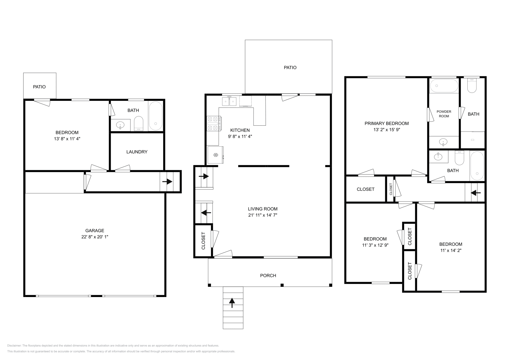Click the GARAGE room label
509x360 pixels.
tap(94, 231)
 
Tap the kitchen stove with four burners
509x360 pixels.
tap(214, 123)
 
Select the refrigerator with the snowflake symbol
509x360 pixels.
tap(215, 155)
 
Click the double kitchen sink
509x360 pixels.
tap(229, 101)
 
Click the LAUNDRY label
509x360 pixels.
tap(137, 152)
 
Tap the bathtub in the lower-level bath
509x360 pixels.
tap(156, 116)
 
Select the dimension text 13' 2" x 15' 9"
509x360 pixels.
tap(387, 129)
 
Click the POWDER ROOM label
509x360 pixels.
tap(444, 114)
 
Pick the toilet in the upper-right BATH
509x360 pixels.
tap(472, 86)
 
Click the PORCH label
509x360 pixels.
tap(268, 275)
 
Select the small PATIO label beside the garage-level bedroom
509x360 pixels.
tap(39, 87)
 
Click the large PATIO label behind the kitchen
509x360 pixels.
tap(290, 67)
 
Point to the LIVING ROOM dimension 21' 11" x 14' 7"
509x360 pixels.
tap(262, 215)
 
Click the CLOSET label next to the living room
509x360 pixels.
tap(204, 240)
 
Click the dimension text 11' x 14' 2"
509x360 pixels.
tap(450, 250)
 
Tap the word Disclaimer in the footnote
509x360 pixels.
tap(14, 345)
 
